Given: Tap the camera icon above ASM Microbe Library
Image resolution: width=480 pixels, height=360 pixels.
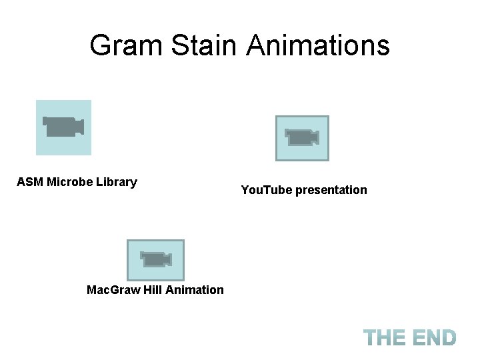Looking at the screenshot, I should [63, 127].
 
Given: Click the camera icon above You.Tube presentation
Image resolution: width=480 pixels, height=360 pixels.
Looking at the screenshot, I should [302, 138].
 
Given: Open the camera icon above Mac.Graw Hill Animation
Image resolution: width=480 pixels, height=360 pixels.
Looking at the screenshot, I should [155, 259].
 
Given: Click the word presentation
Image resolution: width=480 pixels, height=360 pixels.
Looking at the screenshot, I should [331, 191].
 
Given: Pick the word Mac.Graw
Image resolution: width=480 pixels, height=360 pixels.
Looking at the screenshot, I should [113, 290].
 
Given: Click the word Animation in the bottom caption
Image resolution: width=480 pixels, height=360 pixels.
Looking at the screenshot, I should [195, 290].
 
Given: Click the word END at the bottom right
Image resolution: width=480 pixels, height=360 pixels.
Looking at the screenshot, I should [434, 338].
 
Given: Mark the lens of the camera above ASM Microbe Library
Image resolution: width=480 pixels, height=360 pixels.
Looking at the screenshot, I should [79, 126].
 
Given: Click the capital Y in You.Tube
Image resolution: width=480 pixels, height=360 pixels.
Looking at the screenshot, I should [245, 190].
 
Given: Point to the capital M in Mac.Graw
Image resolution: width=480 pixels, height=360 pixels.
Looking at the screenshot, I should [91, 290].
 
